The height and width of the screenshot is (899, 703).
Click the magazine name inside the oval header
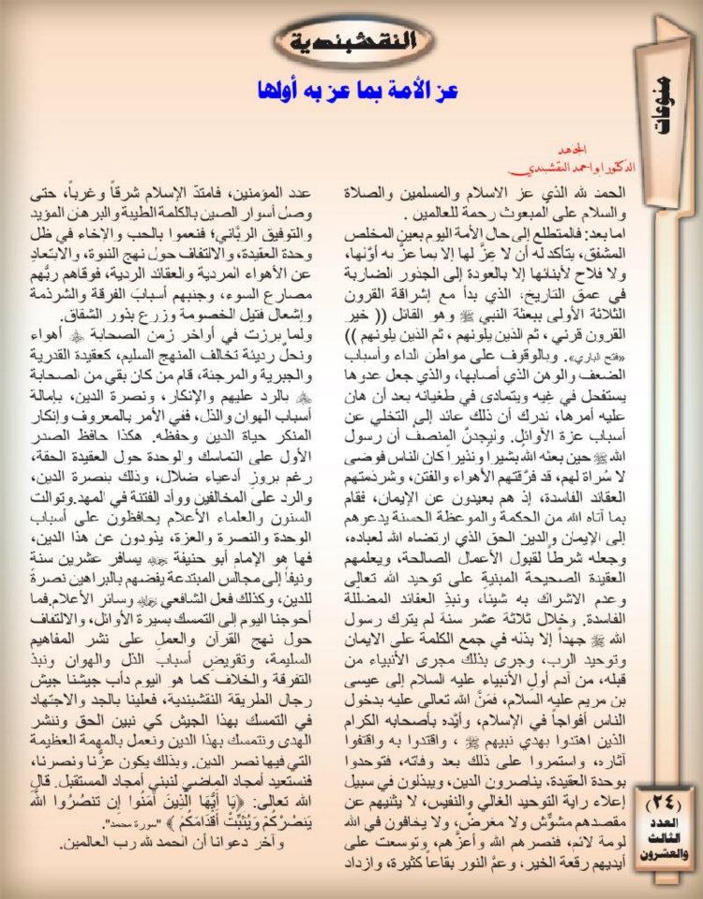point(351,41)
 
